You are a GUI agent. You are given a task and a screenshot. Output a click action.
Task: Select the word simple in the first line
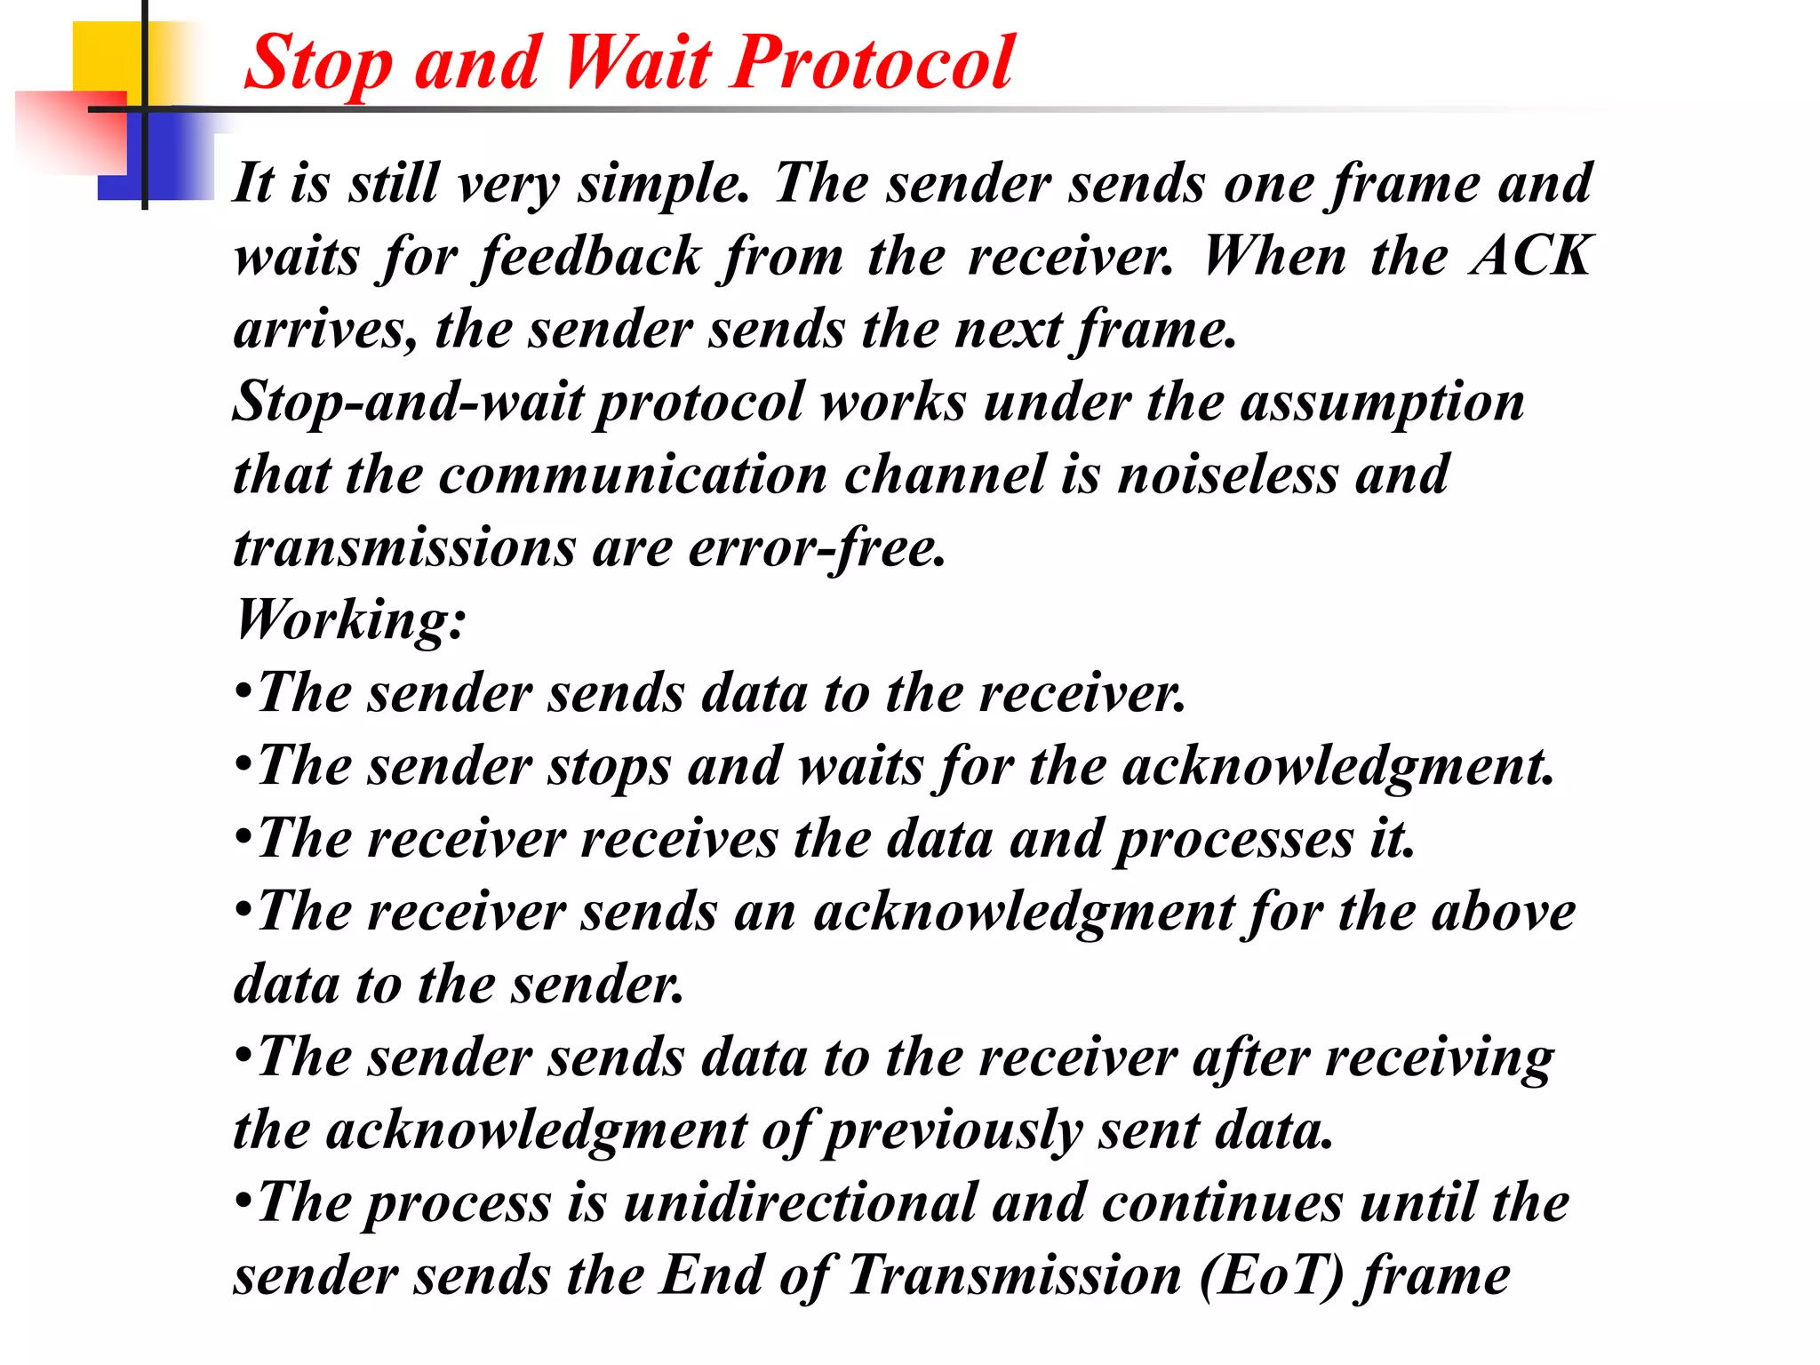click(664, 184)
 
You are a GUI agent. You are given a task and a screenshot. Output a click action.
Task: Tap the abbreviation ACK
click(1530, 257)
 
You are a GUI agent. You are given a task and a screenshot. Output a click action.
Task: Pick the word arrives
click(324, 330)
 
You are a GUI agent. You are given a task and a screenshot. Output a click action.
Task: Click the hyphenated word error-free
click(817, 548)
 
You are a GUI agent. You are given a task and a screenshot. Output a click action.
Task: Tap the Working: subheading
click(350, 620)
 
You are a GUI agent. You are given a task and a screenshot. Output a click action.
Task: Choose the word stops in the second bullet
click(609, 767)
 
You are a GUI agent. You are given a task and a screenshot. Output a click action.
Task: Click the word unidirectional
click(800, 1204)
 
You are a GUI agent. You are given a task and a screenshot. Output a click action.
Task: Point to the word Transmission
click(1014, 1277)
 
